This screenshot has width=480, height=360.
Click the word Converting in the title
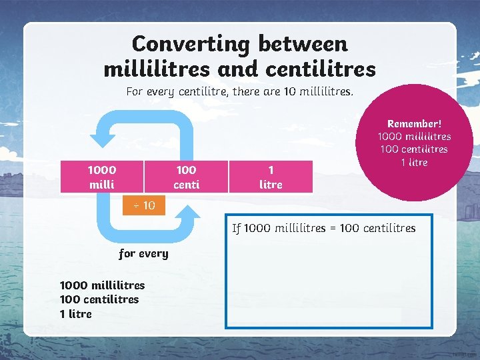(191, 44)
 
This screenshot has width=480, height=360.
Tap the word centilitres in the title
(321, 68)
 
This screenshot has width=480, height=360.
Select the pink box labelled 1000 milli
(102, 177)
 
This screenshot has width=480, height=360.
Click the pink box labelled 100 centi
(186, 177)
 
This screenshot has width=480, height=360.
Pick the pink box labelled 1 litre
(270, 177)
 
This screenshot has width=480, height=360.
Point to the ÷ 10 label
(143, 205)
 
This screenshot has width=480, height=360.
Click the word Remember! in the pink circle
(414, 124)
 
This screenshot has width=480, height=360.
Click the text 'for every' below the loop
(143, 253)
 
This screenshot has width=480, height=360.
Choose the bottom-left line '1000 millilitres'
(102, 285)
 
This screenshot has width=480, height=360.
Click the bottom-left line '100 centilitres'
(99, 299)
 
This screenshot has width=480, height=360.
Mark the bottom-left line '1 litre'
(76, 313)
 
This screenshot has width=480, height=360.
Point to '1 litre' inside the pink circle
(414, 162)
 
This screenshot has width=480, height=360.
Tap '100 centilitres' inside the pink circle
(414, 149)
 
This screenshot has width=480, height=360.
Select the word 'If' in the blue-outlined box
(236, 228)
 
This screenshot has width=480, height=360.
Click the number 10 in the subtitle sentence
(290, 91)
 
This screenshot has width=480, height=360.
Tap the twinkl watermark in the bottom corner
(465, 353)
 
